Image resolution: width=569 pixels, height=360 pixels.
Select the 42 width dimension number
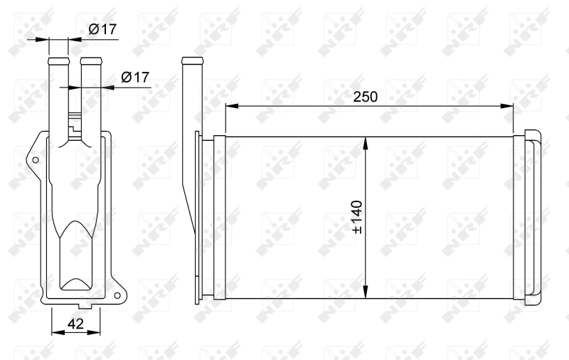(75, 324)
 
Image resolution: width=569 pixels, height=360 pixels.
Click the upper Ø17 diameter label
(102, 29)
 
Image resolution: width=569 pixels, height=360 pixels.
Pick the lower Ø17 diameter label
(134, 78)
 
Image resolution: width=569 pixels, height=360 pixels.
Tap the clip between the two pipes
(73, 121)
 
